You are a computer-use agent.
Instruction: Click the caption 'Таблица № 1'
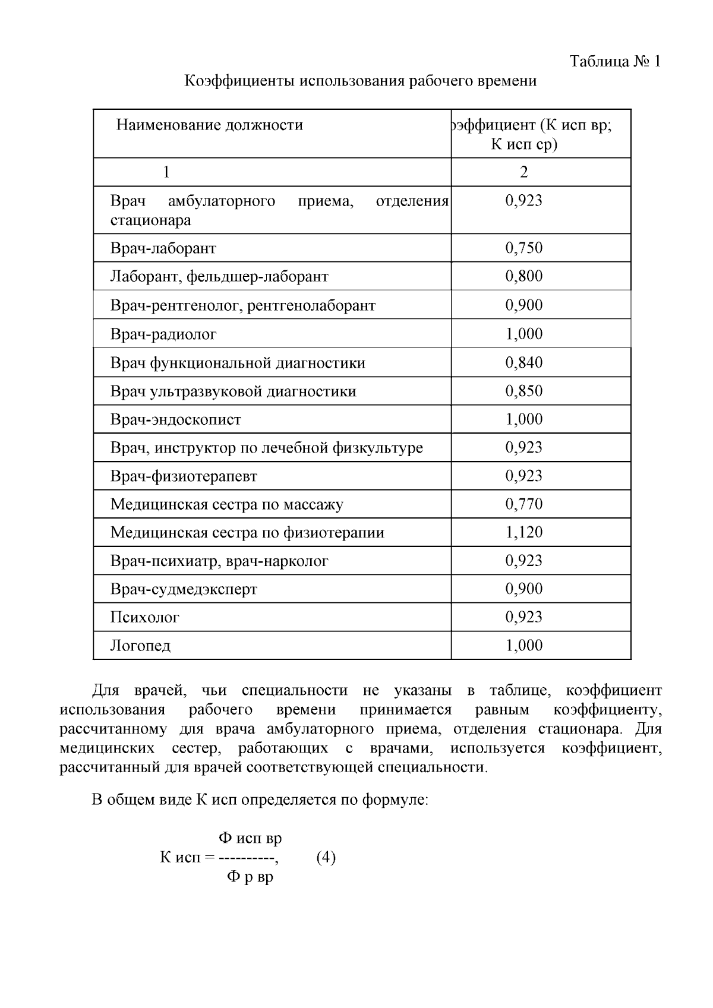pyautogui.click(x=615, y=61)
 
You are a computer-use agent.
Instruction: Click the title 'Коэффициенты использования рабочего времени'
pyautogui.click(x=360, y=81)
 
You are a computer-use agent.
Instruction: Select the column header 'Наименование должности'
pyautogui.click(x=209, y=125)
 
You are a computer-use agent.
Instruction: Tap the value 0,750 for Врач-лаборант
pyautogui.click(x=523, y=248)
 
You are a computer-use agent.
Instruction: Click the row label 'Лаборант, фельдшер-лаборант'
pyautogui.click(x=219, y=276)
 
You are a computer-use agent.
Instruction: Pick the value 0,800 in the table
pyautogui.click(x=523, y=276)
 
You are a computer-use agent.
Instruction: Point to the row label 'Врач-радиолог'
pyautogui.click(x=163, y=334)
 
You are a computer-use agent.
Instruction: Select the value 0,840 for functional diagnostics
pyautogui.click(x=523, y=362)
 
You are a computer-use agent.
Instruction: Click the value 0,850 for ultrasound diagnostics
pyautogui.click(x=523, y=391)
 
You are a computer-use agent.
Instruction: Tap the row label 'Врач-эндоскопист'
pyautogui.click(x=176, y=419)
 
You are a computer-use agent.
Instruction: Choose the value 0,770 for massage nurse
pyautogui.click(x=523, y=504)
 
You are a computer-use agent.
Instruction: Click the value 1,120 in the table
pyautogui.click(x=523, y=532)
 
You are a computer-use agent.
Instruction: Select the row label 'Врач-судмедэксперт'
pyautogui.click(x=184, y=589)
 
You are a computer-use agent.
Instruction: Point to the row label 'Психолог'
pyautogui.click(x=144, y=617)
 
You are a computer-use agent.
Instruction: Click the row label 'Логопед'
pyautogui.click(x=140, y=646)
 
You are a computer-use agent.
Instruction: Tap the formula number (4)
pyautogui.click(x=326, y=858)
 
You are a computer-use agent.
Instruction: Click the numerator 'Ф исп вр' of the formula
pyautogui.click(x=250, y=838)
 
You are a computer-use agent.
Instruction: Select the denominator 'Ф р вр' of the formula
pyautogui.click(x=250, y=877)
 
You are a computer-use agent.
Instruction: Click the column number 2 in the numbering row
pyautogui.click(x=523, y=172)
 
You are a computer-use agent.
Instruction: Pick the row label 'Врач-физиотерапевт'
pyautogui.click(x=184, y=476)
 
